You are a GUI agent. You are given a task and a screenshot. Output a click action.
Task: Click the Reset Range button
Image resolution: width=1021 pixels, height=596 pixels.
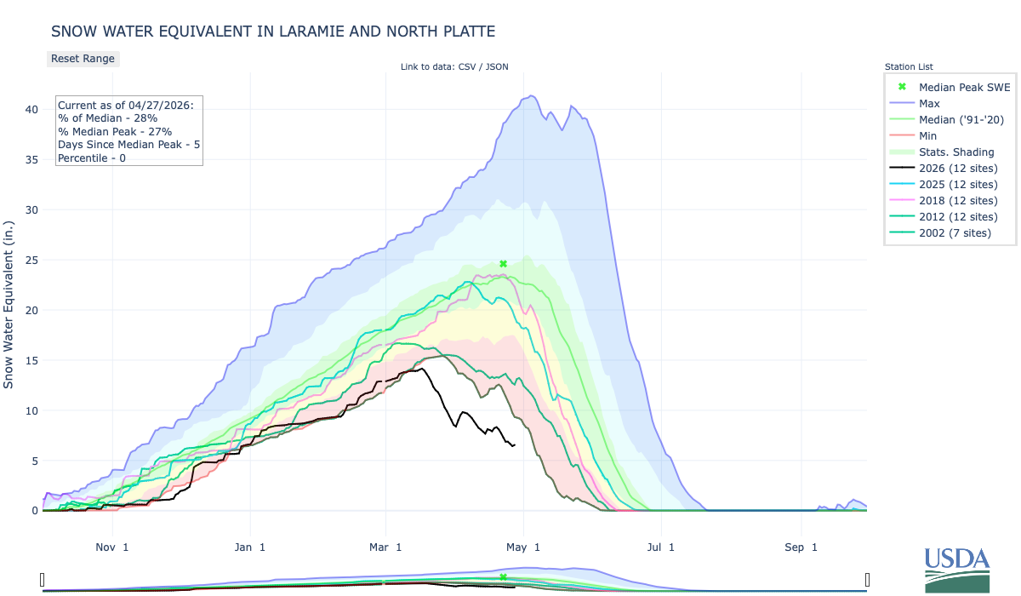83,59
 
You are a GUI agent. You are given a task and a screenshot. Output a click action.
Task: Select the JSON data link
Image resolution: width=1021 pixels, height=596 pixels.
496,66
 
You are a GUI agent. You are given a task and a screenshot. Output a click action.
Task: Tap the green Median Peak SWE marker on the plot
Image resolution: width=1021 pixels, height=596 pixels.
503,264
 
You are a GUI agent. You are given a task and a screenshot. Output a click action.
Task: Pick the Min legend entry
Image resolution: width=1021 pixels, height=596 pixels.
928,135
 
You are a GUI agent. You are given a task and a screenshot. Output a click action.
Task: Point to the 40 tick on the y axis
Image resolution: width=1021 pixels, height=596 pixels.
31,109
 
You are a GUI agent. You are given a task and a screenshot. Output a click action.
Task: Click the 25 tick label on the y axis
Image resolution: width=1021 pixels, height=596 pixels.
31,260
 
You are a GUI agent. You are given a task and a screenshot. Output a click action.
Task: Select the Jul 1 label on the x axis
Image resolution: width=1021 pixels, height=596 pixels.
659,547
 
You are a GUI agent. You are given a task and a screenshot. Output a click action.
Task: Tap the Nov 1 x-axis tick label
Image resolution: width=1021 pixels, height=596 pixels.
112,547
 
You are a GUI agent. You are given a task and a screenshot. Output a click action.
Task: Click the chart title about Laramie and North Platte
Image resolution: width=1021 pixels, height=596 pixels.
272,32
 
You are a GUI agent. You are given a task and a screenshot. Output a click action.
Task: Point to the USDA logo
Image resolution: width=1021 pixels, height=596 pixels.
957,569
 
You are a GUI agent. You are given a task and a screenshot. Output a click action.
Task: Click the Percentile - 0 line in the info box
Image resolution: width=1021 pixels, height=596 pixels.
92,158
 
